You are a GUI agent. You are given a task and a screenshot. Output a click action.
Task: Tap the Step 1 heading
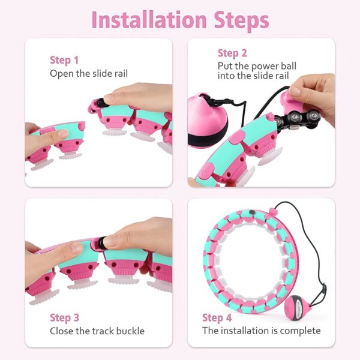click(64, 60)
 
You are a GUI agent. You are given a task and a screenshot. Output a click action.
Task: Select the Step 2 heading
click(232, 53)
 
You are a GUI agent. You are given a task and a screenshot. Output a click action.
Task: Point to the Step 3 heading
click(64, 317)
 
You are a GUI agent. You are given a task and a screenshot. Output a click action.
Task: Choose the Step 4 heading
click(217, 317)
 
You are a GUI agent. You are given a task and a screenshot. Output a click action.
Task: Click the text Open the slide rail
click(89, 73)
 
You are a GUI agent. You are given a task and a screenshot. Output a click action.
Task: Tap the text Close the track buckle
click(97, 331)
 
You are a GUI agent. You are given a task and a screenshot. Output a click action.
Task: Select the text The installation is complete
click(261, 331)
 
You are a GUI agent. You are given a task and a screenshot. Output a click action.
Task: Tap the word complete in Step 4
click(301, 331)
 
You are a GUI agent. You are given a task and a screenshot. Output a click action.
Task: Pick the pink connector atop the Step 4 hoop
click(273, 211)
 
